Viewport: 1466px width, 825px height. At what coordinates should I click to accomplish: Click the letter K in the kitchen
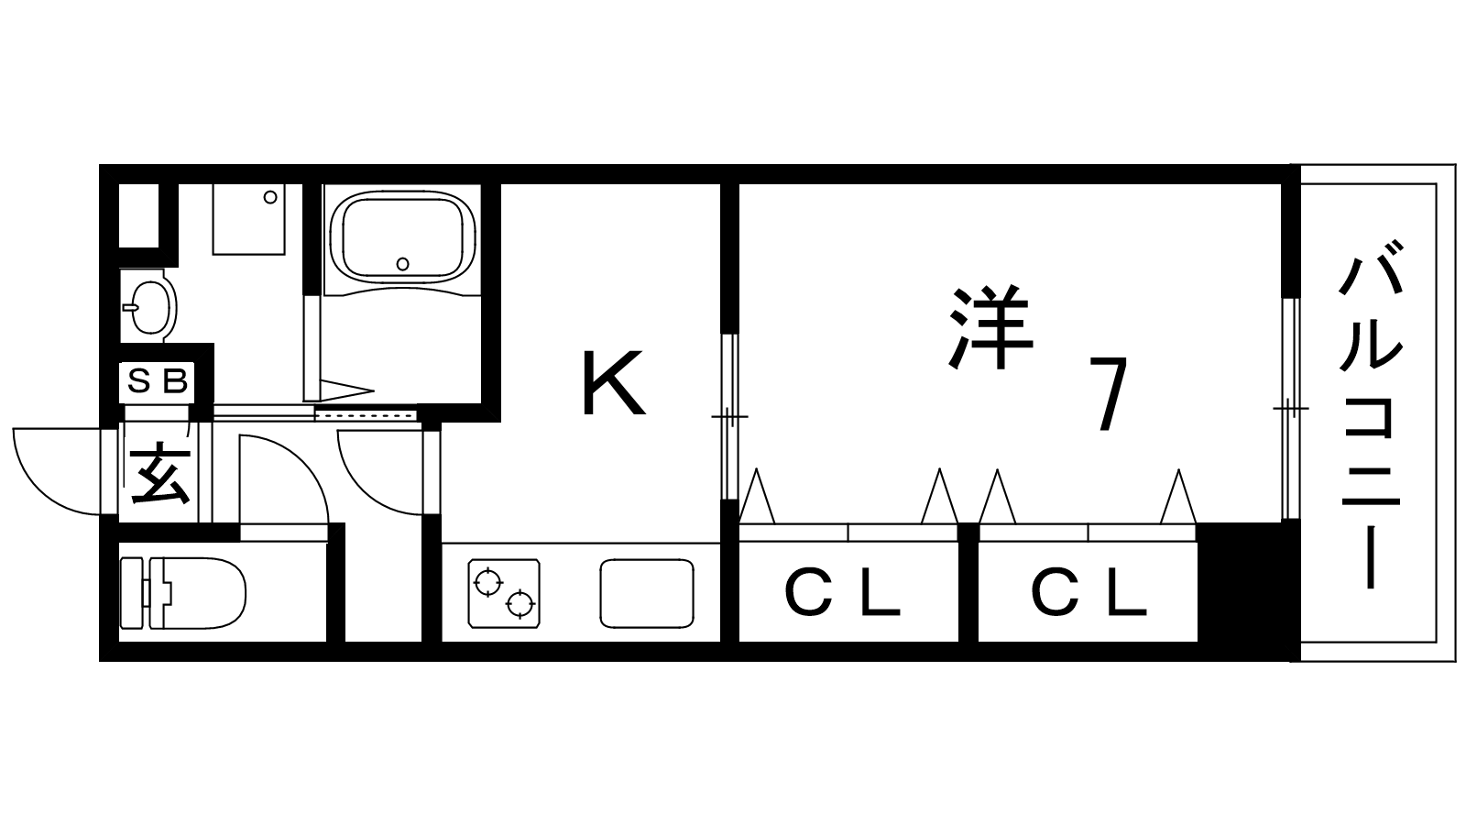click(x=613, y=383)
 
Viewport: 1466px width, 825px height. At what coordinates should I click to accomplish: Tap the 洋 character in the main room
click(x=991, y=328)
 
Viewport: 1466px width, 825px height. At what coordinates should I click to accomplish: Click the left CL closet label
click(x=843, y=594)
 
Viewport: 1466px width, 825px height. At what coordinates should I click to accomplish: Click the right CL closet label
click(x=1089, y=594)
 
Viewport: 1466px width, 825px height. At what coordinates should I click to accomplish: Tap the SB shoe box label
click(x=157, y=380)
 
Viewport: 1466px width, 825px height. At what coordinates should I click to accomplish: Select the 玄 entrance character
click(x=159, y=474)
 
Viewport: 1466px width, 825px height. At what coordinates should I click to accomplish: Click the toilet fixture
click(x=188, y=592)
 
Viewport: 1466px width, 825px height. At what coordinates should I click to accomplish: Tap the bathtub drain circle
click(x=403, y=264)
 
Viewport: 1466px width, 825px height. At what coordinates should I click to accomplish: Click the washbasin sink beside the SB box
click(x=148, y=305)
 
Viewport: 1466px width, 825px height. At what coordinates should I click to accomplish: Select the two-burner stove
click(x=504, y=592)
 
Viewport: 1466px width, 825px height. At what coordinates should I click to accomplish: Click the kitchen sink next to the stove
click(x=646, y=593)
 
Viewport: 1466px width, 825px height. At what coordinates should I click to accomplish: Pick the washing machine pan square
click(x=248, y=219)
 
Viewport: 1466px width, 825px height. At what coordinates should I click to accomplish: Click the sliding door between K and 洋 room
click(x=729, y=417)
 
